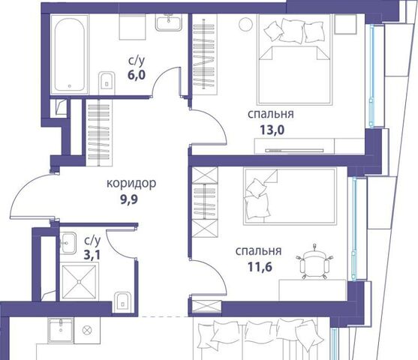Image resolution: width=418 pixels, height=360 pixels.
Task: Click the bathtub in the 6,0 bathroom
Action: click(69, 54)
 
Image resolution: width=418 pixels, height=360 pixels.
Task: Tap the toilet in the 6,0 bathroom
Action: click(107, 82)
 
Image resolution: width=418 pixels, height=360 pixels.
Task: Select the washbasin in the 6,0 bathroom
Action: click(169, 22)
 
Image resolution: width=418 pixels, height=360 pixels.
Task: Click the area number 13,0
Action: click(272, 130)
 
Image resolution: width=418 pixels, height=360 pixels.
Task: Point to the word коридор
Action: click(131, 183)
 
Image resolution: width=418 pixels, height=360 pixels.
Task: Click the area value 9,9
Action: click(129, 199)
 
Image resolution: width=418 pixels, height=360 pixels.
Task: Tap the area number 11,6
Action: click(260, 267)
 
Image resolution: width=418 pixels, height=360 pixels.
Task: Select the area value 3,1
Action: click(92, 255)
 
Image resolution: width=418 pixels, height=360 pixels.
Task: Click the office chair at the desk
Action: click(314, 262)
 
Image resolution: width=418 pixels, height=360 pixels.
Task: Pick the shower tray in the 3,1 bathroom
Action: click(79, 281)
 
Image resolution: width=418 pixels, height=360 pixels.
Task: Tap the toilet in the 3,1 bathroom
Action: click(122, 301)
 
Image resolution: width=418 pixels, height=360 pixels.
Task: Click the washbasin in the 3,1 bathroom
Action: click(68, 243)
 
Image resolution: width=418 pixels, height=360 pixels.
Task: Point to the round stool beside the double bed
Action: click(246, 25)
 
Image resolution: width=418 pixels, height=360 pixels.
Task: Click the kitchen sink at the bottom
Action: click(61, 331)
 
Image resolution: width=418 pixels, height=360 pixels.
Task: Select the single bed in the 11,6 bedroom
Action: click(290, 196)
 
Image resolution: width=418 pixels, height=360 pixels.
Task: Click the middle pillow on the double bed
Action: click(292, 31)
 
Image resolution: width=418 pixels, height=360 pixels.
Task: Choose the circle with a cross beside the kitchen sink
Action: click(87, 331)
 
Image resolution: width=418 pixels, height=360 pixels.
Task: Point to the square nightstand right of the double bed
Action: click(345, 24)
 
